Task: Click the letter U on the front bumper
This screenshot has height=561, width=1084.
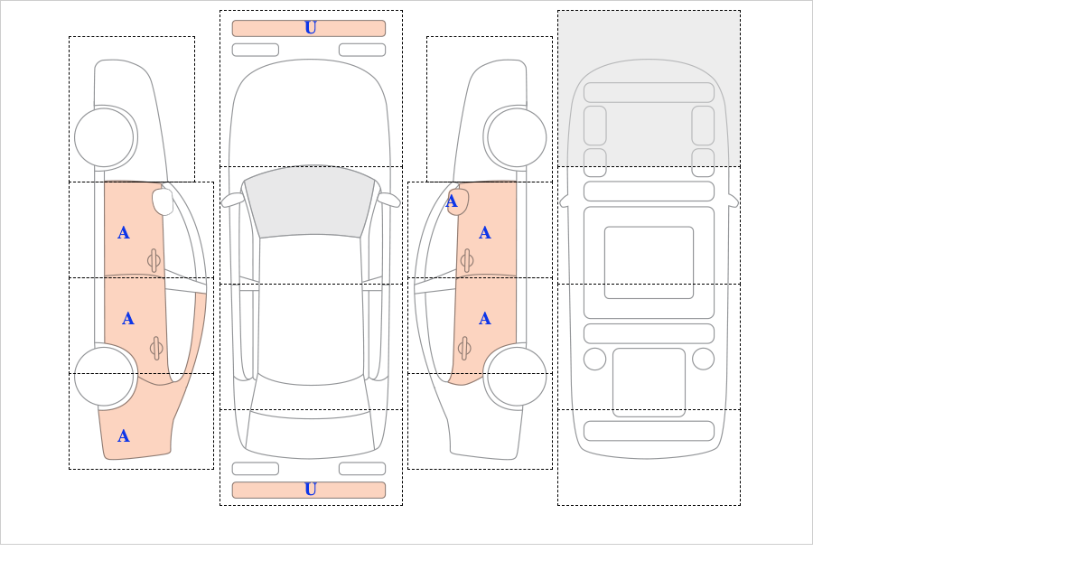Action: click(x=310, y=28)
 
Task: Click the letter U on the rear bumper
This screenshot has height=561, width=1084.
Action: click(x=310, y=490)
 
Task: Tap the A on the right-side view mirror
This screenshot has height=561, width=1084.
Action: click(x=452, y=201)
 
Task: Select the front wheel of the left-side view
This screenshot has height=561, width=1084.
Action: click(x=105, y=137)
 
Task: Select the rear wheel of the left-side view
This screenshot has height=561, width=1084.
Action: click(x=105, y=376)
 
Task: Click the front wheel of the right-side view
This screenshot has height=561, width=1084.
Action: click(x=517, y=137)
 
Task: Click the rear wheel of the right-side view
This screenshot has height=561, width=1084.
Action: click(x=517, y=376)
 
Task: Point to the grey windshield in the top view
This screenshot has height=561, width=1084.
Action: click(x=310, y=202)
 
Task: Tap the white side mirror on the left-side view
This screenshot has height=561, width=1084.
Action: click(x=164, y=201)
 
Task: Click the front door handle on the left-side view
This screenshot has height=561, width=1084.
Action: click(x=154, y=261)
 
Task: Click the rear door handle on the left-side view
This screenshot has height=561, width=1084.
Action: click(x=155, y=348)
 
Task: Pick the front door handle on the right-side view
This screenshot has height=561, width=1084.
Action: click(x=466, y=261)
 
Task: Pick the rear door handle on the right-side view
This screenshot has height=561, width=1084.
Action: click(x=464, y=348)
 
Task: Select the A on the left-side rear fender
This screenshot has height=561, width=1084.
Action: click(x=124, y=436)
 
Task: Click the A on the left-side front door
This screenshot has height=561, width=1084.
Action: click(x=124, y=233)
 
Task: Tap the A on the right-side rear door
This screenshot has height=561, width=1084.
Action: click(x=485, y=319)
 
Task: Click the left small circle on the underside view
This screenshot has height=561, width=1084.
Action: click(x=594, y=359)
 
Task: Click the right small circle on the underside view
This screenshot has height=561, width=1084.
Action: click(x=703, y=359)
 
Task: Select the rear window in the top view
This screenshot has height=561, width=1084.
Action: click(x=310, y=433)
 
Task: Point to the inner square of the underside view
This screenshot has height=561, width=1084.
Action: click(x=649, y=262)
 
